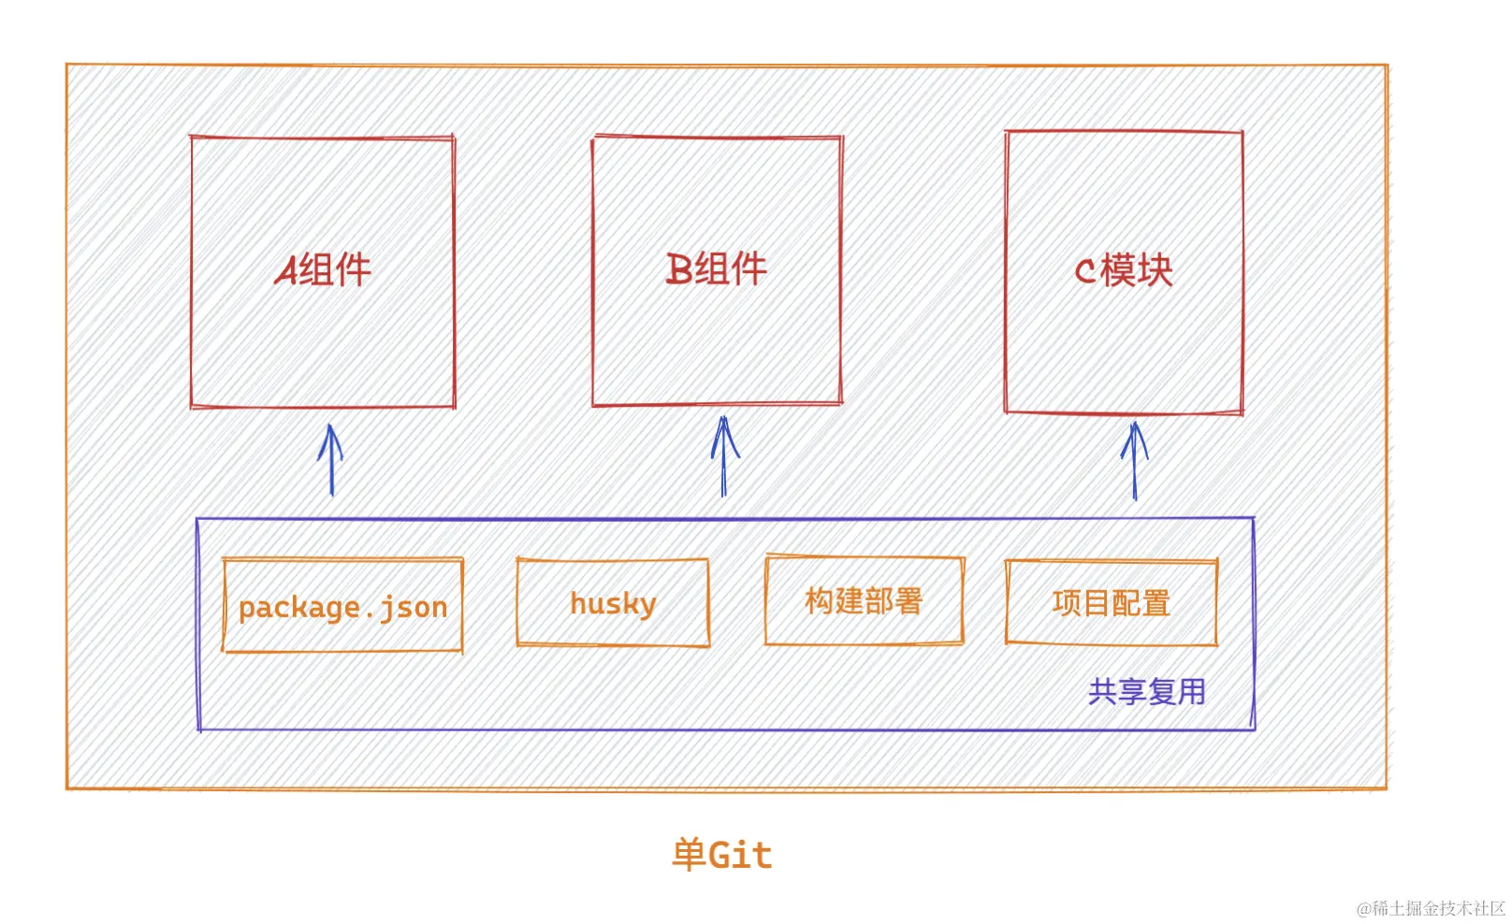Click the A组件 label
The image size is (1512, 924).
coord(323,271)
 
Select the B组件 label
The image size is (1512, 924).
coord(716,269)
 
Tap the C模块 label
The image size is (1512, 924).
coord(1123,271)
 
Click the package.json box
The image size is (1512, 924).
coord(342,606)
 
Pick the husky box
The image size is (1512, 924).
coord(613,603)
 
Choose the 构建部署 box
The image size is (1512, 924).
coord(864,600)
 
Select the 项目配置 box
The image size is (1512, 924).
coord(1111,603)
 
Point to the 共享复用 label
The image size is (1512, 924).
coord(1146,692)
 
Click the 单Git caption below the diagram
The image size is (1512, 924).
coord(721,855)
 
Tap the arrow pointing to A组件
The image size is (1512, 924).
coord(330,460)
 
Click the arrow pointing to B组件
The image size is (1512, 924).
coord(723,456)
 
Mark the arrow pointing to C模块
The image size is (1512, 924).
coord(1134,460)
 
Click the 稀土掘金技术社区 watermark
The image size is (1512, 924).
coord(1431,908)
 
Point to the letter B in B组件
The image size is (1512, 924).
coord(679,269)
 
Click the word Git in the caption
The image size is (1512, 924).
coord(740,855)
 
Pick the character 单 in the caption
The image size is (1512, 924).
coord(689,855)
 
